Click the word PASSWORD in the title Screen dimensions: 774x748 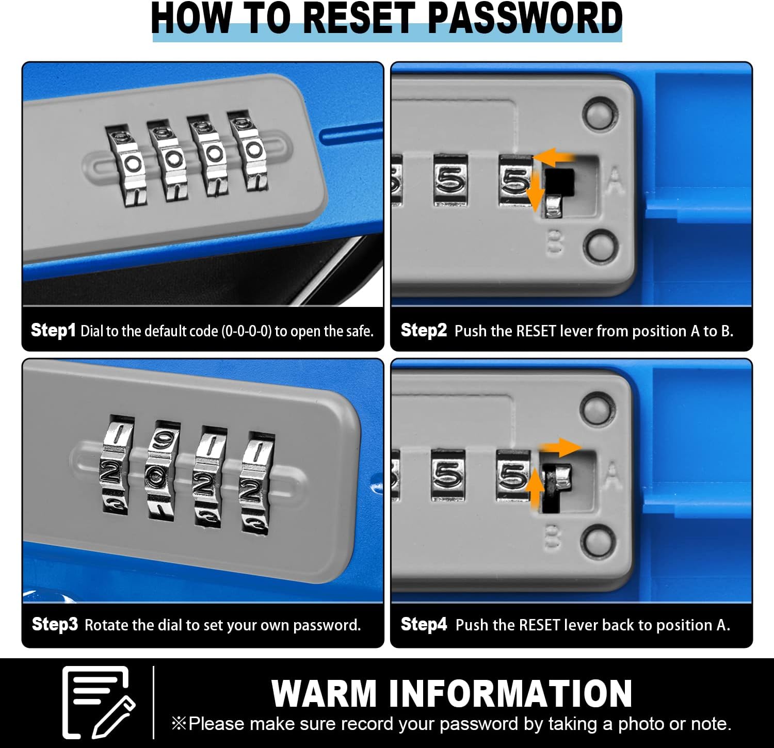pos(525,18)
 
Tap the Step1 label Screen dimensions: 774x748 pos(53,330)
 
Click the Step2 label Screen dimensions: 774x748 pos(424,330)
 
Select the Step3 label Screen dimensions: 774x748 pos(55,624)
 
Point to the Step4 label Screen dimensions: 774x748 pos(424,624)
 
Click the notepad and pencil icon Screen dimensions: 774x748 pos(98,702)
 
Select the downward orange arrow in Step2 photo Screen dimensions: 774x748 pos(536,192)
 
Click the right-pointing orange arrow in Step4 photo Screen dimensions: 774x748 pos(560,447)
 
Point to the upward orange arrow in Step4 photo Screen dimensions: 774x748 pos(536,485)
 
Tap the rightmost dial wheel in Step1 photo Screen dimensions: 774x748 pos(249,150)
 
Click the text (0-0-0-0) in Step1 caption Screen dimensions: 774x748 pos(246,331)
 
